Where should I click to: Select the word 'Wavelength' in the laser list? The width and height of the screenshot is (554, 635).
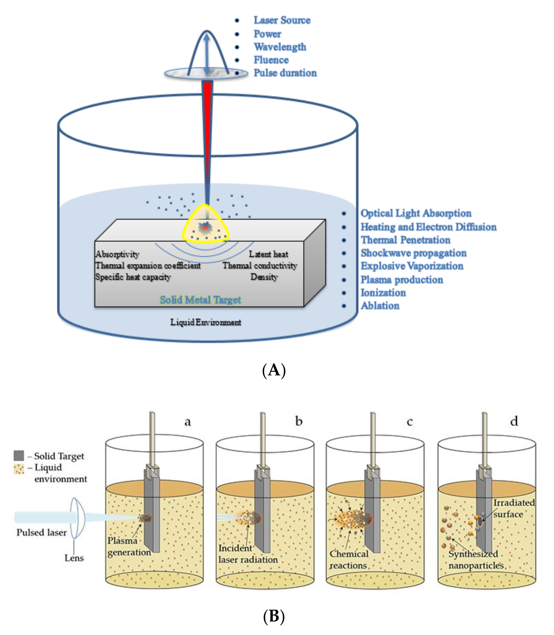[x=280, y=47]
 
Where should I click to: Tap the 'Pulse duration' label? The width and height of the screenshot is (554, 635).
[x=285, y=73]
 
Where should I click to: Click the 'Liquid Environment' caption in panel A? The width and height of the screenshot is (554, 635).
[x=205, y=322]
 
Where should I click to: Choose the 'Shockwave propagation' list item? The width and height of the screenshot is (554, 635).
[x=413, y=253]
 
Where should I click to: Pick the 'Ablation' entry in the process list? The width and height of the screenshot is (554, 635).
[x=380, y=306]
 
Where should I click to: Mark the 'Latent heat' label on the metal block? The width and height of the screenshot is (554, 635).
[x=268, y=254]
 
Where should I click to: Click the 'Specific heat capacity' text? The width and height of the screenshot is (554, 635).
[x=133, y=277]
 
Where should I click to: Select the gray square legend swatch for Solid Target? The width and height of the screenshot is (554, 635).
[x=19, y=456]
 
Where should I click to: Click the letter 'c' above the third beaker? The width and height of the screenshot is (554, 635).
[x=410, y=421]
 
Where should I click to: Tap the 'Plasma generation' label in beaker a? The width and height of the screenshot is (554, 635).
[x=129, y=546]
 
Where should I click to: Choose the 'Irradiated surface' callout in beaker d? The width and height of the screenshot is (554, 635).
[x=513, y=508]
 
